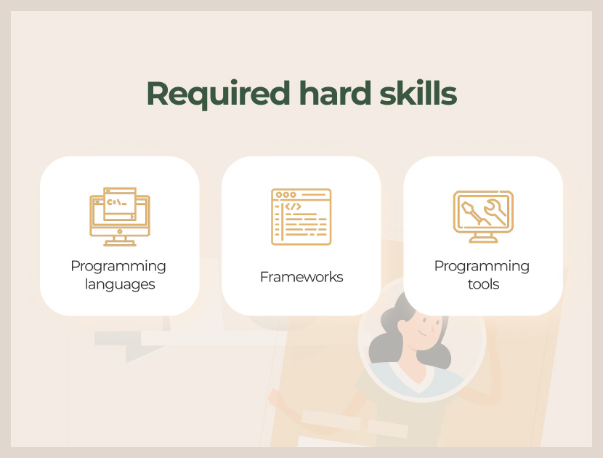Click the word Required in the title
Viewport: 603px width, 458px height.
point(218,95)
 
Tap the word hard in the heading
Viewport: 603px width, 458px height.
point(336,93)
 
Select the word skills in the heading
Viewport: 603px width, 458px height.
point(418,93)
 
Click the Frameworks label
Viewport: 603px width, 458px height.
point(301,277)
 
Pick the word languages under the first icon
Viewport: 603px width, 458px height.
point(120,284)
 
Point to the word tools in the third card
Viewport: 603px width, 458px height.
point(483,284)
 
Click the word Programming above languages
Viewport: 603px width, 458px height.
point(118,266)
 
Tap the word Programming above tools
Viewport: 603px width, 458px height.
point(482,266)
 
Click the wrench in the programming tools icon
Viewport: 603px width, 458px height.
point(495,212)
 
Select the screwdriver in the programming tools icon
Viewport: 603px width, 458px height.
point(475,213)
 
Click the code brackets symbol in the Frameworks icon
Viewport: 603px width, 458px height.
point(293,206)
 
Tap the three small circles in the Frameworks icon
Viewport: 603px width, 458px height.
point(286,195)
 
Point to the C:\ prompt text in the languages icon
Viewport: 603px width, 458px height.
point(116,202)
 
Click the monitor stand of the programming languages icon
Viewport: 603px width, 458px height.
point(120,241)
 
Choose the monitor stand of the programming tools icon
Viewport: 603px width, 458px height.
point(483,238)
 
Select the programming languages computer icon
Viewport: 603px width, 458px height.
point(120,217)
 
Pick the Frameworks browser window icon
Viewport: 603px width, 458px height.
point(301,217)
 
